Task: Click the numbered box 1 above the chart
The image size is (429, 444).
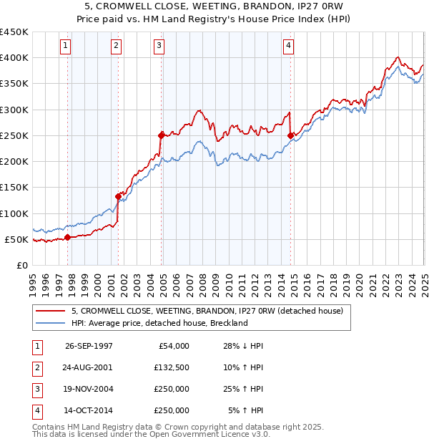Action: (65, 46)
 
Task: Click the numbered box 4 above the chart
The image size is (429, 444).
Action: (288, 46)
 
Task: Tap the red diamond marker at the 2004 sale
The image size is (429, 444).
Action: (162, 134)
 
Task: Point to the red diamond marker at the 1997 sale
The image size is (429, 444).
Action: (67, 237)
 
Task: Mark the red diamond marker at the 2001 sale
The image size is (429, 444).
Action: (118, 196)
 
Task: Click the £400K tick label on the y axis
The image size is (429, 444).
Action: (14, 58)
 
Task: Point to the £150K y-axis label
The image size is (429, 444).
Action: (14, 188)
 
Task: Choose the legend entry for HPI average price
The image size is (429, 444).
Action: (159, 323)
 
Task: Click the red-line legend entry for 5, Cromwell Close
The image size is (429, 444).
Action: (207, 311)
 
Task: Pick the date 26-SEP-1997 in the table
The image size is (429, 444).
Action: (89, 346)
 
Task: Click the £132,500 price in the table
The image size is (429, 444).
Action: (171, 367)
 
